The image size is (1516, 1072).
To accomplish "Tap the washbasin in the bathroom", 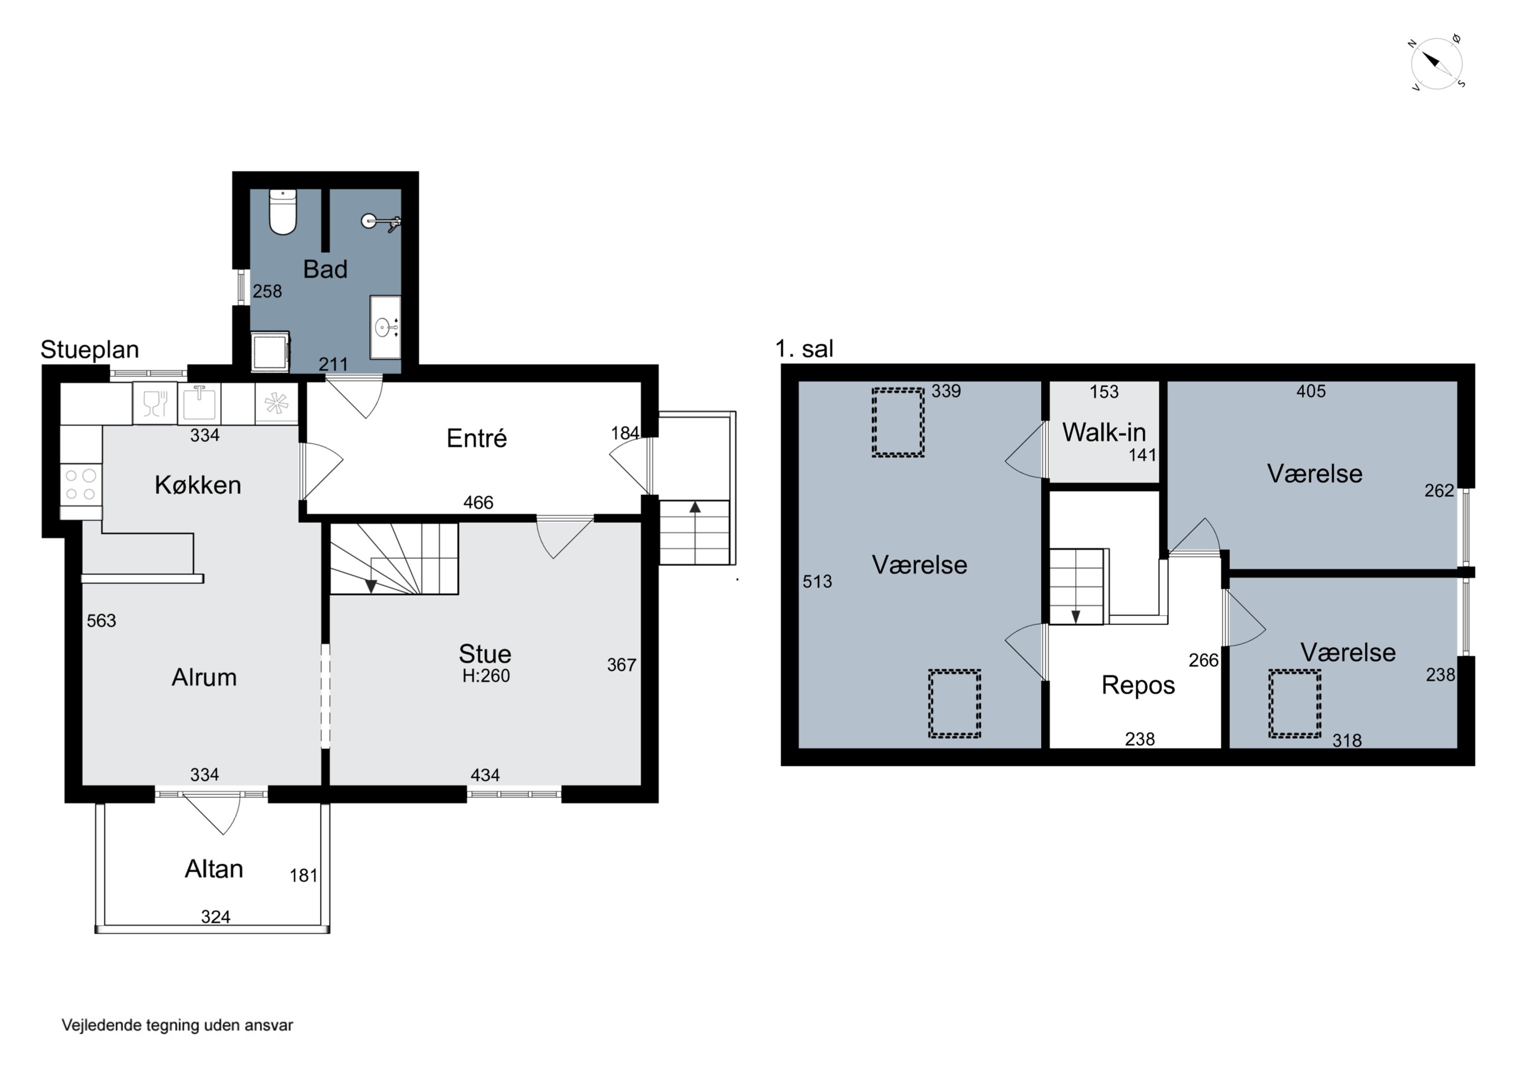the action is tap(385, 327).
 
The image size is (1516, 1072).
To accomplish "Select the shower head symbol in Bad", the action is tap(381, 222).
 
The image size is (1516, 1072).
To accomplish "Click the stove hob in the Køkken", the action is tap(80, 484).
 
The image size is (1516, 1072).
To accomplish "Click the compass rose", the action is tap(1436, 63).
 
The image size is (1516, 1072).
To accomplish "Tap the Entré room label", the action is tap(477, 438).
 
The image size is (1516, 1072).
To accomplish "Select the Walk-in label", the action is tap(1104, 432).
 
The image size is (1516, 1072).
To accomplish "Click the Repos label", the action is tap(1139, 685).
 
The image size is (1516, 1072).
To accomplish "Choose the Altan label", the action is tap(214, 868).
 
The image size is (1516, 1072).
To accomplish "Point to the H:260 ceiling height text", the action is tap(486, 676).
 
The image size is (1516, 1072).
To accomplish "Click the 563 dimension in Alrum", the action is tap(101, 621).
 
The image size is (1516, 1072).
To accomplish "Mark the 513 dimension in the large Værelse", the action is tap(818, 581).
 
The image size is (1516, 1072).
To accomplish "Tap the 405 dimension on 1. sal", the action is tap(1311, 391).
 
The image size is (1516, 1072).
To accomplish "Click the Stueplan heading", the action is tap(90, 349).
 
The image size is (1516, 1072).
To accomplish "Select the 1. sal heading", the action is tap(804, 349).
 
